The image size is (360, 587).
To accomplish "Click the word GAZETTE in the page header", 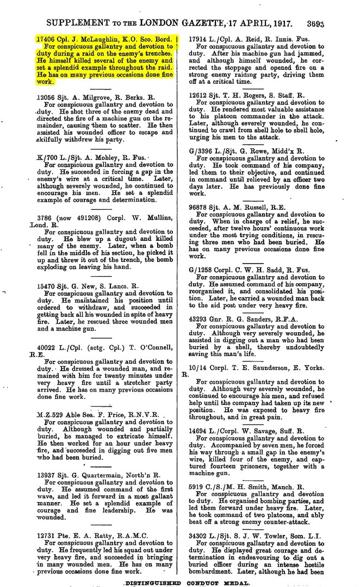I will pyautogui.click(x=212, y=23).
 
